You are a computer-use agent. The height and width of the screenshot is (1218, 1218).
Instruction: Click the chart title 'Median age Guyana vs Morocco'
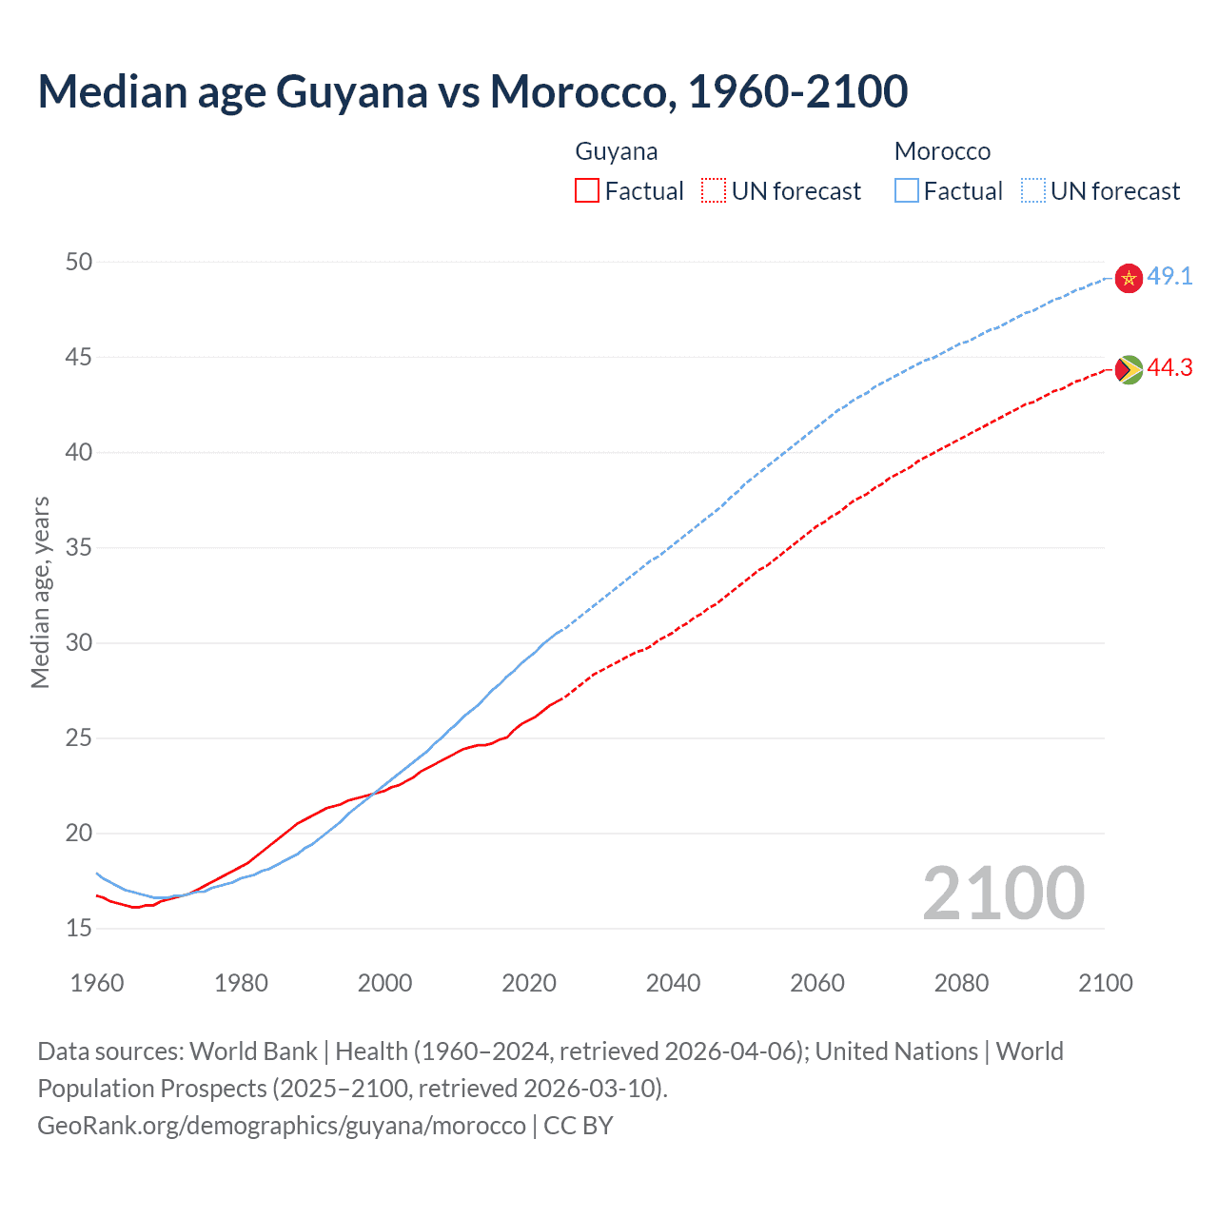click(x=472, y=91)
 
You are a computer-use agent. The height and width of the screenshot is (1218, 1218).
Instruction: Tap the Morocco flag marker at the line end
click(x=1129, y=278)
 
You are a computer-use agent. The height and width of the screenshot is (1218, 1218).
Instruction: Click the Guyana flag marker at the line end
click(x=1129, y=369)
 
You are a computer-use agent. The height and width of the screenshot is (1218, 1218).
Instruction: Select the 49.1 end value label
click(x=1169, y=277)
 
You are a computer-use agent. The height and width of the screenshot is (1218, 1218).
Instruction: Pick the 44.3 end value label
click(x=1169, y=368)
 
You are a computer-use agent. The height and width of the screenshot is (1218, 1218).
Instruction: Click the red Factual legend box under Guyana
click(x=587, y=191)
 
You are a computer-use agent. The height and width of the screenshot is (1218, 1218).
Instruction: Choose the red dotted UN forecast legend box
click(x=714, y=191)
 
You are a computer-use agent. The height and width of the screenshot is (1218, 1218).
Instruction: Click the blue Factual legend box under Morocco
click(x=907, y=191)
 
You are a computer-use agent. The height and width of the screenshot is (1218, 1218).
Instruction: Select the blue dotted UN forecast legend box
click(x=1033, y=191)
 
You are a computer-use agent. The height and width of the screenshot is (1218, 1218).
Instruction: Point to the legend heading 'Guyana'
click(x=617, y=151)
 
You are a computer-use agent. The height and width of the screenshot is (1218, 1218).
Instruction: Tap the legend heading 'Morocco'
click(x=942, y=151)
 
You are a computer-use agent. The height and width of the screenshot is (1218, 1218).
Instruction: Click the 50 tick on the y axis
click(x=79, y=262)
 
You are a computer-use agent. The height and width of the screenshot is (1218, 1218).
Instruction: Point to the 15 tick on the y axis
click(x=79, y=928)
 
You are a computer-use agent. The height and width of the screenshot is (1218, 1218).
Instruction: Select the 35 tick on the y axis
click(x=79, y=547)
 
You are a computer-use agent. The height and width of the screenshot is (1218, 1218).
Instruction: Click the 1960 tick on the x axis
click(x=97, y=983)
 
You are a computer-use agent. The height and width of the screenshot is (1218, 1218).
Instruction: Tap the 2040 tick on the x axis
click(x=673, y=983)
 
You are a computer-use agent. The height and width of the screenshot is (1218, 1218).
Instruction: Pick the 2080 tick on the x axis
click(x=961, y=983)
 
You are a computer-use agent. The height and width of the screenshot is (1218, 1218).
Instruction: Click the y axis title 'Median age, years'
click(x=40, y=592)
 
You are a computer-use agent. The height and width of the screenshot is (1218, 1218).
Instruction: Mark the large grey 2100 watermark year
click(x=1003, y=894)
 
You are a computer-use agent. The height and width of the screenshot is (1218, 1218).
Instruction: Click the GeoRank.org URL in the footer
click(x=282, y=1126)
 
